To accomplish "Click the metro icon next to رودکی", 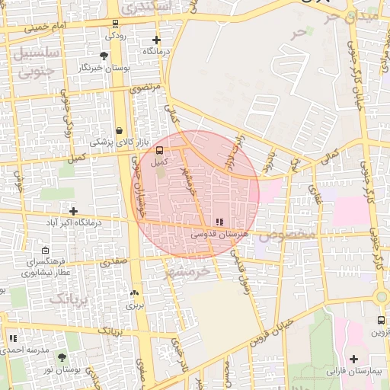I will pyautogui.click(x=115, y=23).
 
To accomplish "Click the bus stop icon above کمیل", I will pyautogui.click(x=159, y=150).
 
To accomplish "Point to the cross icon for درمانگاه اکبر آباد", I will pyautogui.click(x=73, y=211).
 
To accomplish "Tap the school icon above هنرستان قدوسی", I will pyautogui.click(x=219, y=222).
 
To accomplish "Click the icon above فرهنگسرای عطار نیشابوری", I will pyautogui.click(x=45, y=250).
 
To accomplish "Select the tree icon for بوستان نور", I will pyautogui.click(x=62, y=357).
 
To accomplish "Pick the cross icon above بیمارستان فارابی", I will pyautogui.click(x=353, y=359).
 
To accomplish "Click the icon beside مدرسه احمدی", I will pyautogui.click(x=12, y=338).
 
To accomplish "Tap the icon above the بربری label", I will pyautogui.click(x=135, y=292).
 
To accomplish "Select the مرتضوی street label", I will pyautogui.click(x=145, y=88).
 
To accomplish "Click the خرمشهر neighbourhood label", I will pyautogui.click(x=191, y=271).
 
